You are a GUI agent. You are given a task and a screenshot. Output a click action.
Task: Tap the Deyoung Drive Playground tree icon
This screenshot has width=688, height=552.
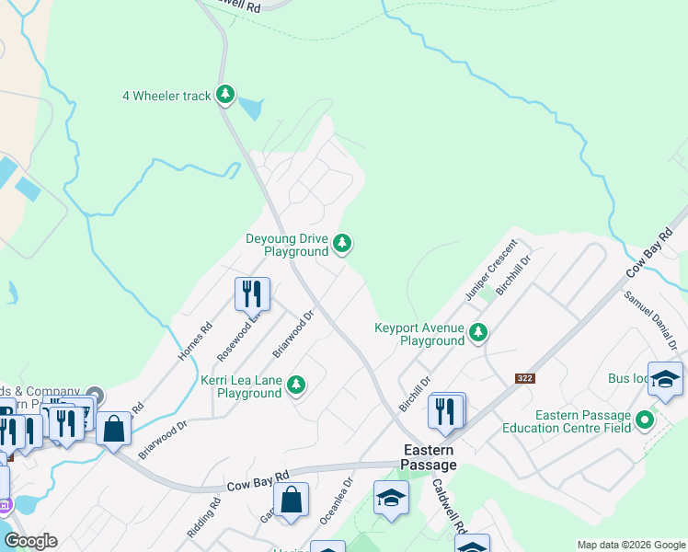pyautogui.click(x=342, y=244)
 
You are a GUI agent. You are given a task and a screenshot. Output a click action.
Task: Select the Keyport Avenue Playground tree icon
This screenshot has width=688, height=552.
pyautogui.click(x=478, y=333)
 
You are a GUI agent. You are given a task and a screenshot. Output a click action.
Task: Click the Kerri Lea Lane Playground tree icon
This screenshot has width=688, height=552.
pyautogui.click(x=296, y=385)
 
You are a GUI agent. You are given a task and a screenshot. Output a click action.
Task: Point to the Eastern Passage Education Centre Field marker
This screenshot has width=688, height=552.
pyautogui.click(x=645, y=420)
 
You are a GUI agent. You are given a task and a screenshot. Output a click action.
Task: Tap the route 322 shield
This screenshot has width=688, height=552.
pyautogui.click(x=525, y=378)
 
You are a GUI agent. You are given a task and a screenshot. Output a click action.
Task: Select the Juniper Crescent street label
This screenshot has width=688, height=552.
pyautogui.click(x=479, y=276)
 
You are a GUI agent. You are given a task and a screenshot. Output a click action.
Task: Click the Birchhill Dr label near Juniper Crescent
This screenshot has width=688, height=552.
pyautogui.click(x=514, y=274)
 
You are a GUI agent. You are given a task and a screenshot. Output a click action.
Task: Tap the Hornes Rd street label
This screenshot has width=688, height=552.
pyautogui.click(x=195, y=339)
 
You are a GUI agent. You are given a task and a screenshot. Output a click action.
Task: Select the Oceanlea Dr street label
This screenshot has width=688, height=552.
pyautogui.click(x=336, y=500)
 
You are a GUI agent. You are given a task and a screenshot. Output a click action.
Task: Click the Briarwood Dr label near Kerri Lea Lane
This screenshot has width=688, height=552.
pyautogui.click(x=293, y=333)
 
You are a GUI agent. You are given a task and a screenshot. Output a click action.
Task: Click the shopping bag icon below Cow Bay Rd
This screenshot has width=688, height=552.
pyautogui.click(x=291, y=502)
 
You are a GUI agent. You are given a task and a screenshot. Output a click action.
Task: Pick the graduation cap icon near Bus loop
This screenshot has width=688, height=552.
pyautogui.click(x=666, y=380)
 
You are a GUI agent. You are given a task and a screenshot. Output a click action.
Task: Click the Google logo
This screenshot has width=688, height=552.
pyautogui.click(x=30, y=541)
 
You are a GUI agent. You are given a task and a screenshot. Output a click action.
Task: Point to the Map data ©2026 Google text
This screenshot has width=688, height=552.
pyautogui.click(x=630, y=545)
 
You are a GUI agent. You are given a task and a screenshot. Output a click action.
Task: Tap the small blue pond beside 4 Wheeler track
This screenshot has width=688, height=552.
pyautogui.click(x=249, y=108)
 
